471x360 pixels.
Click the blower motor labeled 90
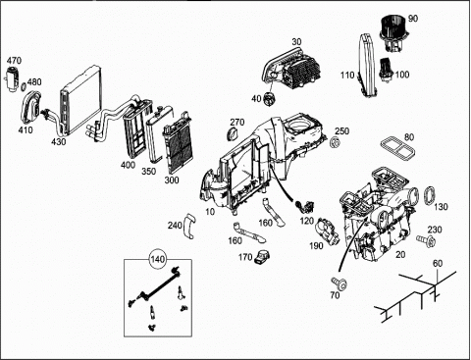(x=392, y=34)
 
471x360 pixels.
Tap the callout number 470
(x=14, y=61)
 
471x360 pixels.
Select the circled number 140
(x=158, y=260)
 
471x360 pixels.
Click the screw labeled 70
(x=340, y=283)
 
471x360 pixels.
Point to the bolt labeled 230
(x=426, y=240)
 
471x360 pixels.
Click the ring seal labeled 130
(x=429, y=196)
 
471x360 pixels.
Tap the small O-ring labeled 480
(x=24, y=87)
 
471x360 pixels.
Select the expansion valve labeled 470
(x=11, y=78)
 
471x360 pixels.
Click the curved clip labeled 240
(x=188, y=227)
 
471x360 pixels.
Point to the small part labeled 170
(x=262, y=257)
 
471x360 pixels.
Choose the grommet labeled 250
(x=335, y=142)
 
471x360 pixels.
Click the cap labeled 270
(x=233, y=133)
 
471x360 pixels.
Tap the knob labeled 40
(x=270, y=99)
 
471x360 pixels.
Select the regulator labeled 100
(x=386, y=70)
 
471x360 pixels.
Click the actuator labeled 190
(x=328, y=231)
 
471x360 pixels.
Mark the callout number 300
(x=172, y=180)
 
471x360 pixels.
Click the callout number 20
(x=400, y=254)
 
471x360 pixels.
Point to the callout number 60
(x=438, y=263)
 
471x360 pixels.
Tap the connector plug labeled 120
(x=304, y=205)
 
